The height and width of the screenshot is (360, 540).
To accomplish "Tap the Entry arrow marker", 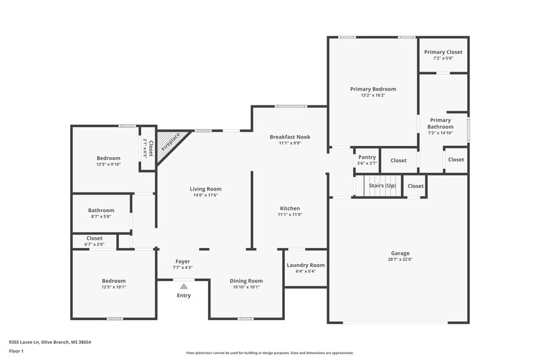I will tap(183, 286).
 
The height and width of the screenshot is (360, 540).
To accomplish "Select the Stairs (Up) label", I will tap(382, 185).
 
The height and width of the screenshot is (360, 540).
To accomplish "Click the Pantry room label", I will tap(367, 157).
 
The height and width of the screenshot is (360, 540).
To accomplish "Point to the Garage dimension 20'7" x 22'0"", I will tap(400, 259).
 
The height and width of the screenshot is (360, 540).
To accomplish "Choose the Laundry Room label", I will tap(305, 265).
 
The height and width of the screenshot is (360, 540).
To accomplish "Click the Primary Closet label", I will tap(443, 52).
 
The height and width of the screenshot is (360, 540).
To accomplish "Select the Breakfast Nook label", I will tap(290, 136).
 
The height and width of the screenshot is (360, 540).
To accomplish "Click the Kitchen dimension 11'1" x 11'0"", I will tap(290, 214).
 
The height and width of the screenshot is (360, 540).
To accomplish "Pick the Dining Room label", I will tap(246, 280).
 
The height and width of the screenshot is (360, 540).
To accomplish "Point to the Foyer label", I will tap(183, 261).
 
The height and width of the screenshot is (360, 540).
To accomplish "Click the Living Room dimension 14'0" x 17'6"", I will tap(205, 195).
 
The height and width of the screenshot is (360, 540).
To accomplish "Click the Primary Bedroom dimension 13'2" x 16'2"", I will tap(373, 95).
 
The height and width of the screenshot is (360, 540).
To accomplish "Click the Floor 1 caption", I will tap(16, 352).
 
